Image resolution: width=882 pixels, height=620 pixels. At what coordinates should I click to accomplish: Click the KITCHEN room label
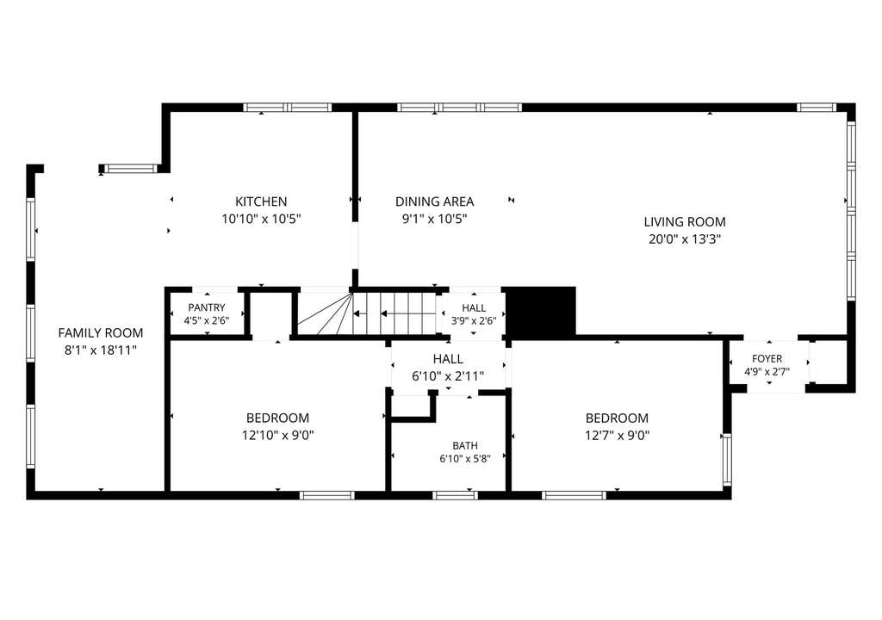pyautogui.click(x=261, y=201)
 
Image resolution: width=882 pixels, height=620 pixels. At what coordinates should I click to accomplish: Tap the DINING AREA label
pyautogui.click(x=434, y=201)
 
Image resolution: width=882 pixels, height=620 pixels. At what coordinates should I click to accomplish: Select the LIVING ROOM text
pyautogui.click(x=685, y=221)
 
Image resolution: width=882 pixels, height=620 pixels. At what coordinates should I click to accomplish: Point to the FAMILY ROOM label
pyautogui.click(x=101, y=332)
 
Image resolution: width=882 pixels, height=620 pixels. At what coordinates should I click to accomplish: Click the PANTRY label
pyautogui.click(x=207, y=307)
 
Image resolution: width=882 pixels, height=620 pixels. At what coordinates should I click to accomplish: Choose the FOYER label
pyautogui.click(x=767, y=358)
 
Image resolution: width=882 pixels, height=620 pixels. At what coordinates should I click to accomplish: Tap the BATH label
pyautogui.click(x=465, y=445)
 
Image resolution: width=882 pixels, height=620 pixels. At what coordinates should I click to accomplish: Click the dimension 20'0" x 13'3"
pyautogui.click(x=685, y=239)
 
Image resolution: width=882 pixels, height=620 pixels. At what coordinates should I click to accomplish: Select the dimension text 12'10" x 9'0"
pyautogui.click(x=278, y=435)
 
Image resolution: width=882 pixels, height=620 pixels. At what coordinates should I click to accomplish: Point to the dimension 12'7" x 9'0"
pyautogui.click(x=617, y=435)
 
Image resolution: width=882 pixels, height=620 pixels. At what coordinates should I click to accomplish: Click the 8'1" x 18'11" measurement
pyautogui.click(x=101, y=350)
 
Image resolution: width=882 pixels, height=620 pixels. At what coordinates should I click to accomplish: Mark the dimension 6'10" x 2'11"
pyautogui.click(x=448, y=375)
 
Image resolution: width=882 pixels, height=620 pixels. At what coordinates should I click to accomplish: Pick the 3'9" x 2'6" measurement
pyautogui.click(x=474, y=322)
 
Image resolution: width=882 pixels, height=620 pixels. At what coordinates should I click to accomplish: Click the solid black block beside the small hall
pyautogui.click(x=541, y=312)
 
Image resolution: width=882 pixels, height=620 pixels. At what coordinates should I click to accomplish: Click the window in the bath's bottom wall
pyautogui.click(x=455, y=495)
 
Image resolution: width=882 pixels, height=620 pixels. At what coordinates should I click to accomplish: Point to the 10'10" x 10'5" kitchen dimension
pyautogui.click(x=261, y=219)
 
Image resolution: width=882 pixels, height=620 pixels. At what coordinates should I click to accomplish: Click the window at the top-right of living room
pyautogui.click(x=816, y=107)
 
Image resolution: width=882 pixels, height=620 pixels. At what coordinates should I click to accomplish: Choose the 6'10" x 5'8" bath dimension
pyautogui.click(x=465, y=458)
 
